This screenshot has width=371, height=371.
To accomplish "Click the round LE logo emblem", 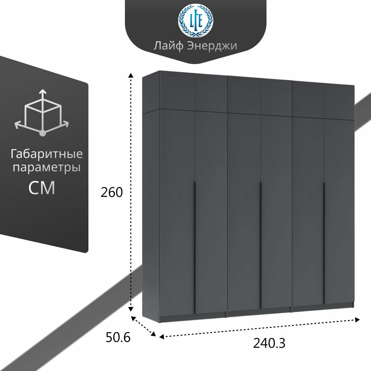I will click(x=195, y=21).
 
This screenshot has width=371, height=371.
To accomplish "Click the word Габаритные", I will click(x=47, y=154).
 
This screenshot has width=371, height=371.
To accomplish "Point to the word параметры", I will click(x=47, y=168).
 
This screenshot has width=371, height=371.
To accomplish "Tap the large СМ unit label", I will click(x=42, y=188).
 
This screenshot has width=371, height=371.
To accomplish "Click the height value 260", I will click(x=112, y=193).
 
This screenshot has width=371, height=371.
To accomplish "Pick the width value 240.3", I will click(x=269, y=343).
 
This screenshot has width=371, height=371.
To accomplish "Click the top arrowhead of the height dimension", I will click(x=131, y=75).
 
